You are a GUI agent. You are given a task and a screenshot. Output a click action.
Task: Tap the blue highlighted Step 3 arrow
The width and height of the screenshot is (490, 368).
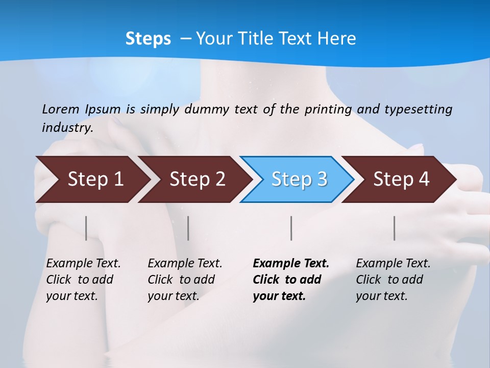click(x=299, y=179)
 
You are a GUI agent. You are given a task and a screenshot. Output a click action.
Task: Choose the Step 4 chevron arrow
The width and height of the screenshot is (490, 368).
click(x=401, y=179)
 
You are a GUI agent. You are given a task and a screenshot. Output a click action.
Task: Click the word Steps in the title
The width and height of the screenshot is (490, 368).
click(x=148, y=39)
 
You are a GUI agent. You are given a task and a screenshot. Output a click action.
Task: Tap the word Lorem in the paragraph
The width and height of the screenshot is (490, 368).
click(x=60, y=109)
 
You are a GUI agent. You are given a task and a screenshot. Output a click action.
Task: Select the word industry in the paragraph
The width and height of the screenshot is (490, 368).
click(x=67, y=128)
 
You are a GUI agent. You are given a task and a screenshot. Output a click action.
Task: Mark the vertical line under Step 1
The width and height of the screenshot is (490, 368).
click(x=86, y=228)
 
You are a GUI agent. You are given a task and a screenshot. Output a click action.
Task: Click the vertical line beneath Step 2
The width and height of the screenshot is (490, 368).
click(x=188, y=228)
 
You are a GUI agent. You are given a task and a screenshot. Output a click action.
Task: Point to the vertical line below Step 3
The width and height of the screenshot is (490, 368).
click(x=291, y=228)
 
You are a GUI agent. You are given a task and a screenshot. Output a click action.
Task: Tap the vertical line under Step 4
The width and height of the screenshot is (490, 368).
click(x=394, y=228)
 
